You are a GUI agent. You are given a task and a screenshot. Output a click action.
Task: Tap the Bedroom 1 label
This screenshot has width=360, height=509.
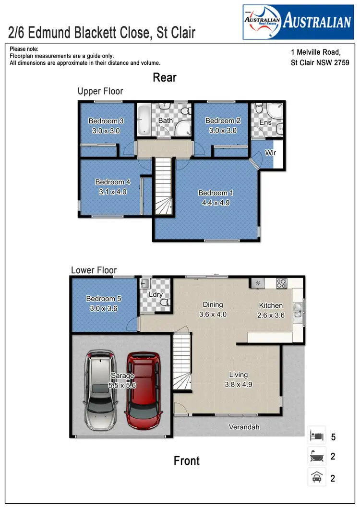[216, 193]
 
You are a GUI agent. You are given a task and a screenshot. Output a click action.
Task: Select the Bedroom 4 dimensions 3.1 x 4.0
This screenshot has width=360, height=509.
[113, 192]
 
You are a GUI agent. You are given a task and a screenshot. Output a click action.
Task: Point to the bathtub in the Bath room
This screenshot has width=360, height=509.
[144, 120]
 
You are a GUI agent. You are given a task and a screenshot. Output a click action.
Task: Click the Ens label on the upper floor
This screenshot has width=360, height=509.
[265, 122]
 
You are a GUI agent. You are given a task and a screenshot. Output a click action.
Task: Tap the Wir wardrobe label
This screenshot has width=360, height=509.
[270, 153]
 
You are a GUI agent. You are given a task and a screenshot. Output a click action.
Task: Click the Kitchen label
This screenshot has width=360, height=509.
[271, 305]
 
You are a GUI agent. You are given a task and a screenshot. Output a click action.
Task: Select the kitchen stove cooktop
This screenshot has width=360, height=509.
[281, 283]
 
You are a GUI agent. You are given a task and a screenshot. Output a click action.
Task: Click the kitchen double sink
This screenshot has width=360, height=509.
[298, 312]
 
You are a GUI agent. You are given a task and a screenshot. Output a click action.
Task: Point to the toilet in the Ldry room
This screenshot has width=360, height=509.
[164, 303]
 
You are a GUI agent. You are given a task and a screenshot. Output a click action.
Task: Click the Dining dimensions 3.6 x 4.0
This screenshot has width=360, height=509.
[213, 315]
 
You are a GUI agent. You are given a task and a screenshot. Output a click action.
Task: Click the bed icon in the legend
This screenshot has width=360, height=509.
[317, 436]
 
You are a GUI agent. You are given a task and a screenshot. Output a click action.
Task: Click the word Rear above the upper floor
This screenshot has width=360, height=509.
[165, 77]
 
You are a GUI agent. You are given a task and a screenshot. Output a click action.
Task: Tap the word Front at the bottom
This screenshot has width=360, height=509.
[186, 461]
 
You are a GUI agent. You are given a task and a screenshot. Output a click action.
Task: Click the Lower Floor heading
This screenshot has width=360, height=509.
[94, 270]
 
